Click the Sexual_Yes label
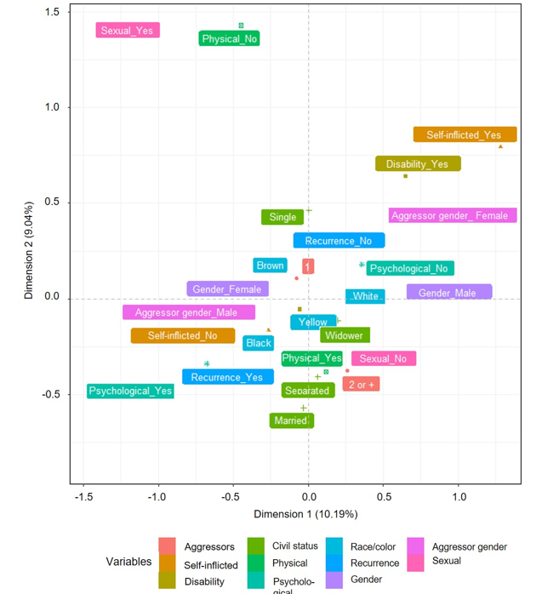127,31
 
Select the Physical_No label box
230,39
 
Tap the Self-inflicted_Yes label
464,134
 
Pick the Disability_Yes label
417,164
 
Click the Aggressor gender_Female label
449,215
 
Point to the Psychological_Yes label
130,391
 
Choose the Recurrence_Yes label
227,377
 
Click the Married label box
291,420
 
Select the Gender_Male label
448,293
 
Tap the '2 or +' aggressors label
361,385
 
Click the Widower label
345,335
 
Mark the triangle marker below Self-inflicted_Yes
500,146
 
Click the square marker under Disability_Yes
405,176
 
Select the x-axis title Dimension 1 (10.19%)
305,515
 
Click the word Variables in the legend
128,562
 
